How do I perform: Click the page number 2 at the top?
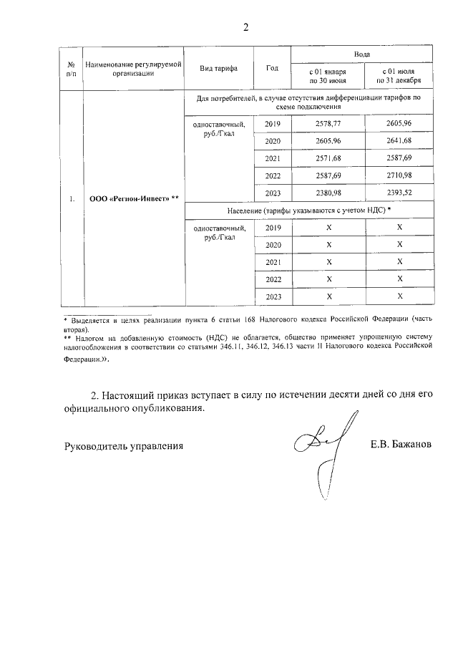[x=245, y=28]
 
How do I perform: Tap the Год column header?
[x=272, y=68]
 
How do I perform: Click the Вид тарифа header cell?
[x=219, y=68]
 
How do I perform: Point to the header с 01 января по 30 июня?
[x=327, y=77]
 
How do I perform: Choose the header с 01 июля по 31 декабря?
[x=400, y=77]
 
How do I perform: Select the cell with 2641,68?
[x=400, y=141]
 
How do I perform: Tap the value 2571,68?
[x=328, y=158]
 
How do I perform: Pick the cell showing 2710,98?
[x=400, y=175]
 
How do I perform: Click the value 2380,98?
[x=328, y=193]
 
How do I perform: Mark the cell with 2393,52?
[x=400, y=193]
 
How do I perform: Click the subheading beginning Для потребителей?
[x=308, y=101]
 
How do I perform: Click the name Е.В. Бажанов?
[x=401, y=445]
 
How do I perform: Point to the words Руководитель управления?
[x=124, y=445]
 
